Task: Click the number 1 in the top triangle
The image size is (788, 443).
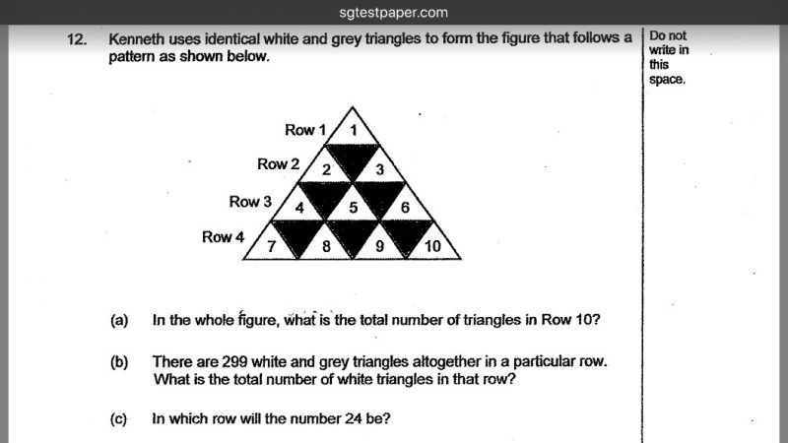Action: click(354, 131)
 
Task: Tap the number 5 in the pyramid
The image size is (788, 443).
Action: click(354, 208)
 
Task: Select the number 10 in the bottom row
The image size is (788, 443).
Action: click(432, 246)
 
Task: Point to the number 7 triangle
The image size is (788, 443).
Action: click(272, 240)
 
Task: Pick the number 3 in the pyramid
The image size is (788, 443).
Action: click(380, 169)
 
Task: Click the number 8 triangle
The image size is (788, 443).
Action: click(326, 240)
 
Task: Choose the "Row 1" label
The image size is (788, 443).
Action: click(305, 130)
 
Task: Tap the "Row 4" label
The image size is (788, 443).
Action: click(224, 236)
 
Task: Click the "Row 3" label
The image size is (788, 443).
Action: click(250, 202)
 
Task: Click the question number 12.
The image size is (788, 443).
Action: click(77, 39)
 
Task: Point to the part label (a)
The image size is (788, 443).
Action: click(119, 321)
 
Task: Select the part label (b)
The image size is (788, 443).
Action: click(119, 362)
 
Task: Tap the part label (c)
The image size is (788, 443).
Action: click(118, 419)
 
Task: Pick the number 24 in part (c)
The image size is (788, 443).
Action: click(354, 418)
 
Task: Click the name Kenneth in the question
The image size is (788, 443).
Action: click(136, 38)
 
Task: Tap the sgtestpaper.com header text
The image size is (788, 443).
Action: click(393, 13)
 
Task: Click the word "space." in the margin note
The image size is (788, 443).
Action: click(667, 80)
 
